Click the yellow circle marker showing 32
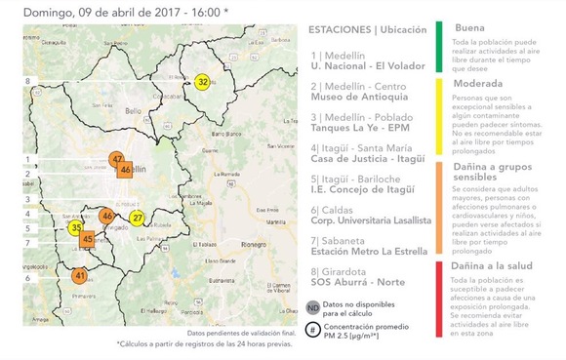[x=202, y=81]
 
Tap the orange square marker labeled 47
[x=117, y=159]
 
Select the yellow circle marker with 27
[x=138, y=218]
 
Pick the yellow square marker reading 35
[x=76, y=227]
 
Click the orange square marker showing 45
[x=88, y=239]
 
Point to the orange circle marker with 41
[x=80, y=276]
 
